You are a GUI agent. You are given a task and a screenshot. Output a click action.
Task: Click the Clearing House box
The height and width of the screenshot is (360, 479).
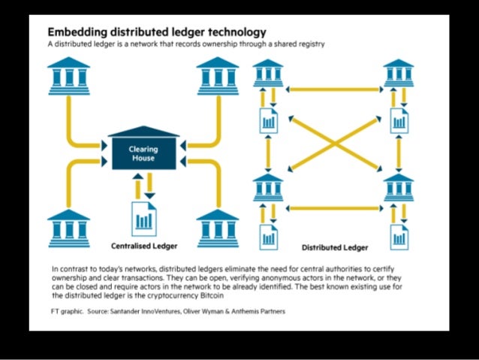click(x=143, y=153)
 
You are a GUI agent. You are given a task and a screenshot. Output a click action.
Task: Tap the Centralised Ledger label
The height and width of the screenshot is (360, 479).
click(x=145, y=245)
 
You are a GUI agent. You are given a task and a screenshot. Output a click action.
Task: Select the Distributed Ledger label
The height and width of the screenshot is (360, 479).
click(x=335, y=247)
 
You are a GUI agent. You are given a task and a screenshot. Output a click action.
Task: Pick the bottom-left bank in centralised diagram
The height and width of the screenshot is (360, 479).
click(x=69, y=225)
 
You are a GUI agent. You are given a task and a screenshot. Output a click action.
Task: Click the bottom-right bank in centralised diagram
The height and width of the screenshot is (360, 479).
click(x=217, y=225)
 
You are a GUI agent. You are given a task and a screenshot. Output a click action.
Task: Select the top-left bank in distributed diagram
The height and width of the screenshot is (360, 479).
click(x=269, y=73)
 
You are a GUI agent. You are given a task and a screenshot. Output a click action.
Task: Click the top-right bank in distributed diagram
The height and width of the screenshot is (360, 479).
click(x=399, y=73)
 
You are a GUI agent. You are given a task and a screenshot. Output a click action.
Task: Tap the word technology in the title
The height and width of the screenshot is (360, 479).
click(x=229, y=32)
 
